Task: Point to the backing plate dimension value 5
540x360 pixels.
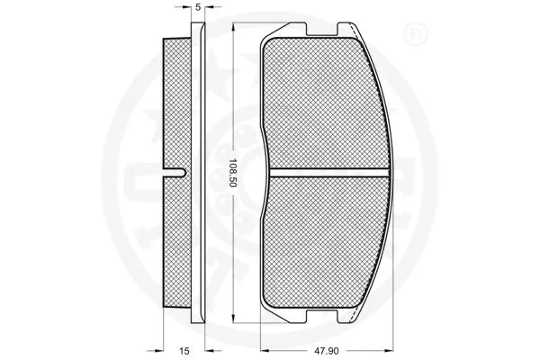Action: [197, 7]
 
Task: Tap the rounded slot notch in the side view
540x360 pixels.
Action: [181, 171]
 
